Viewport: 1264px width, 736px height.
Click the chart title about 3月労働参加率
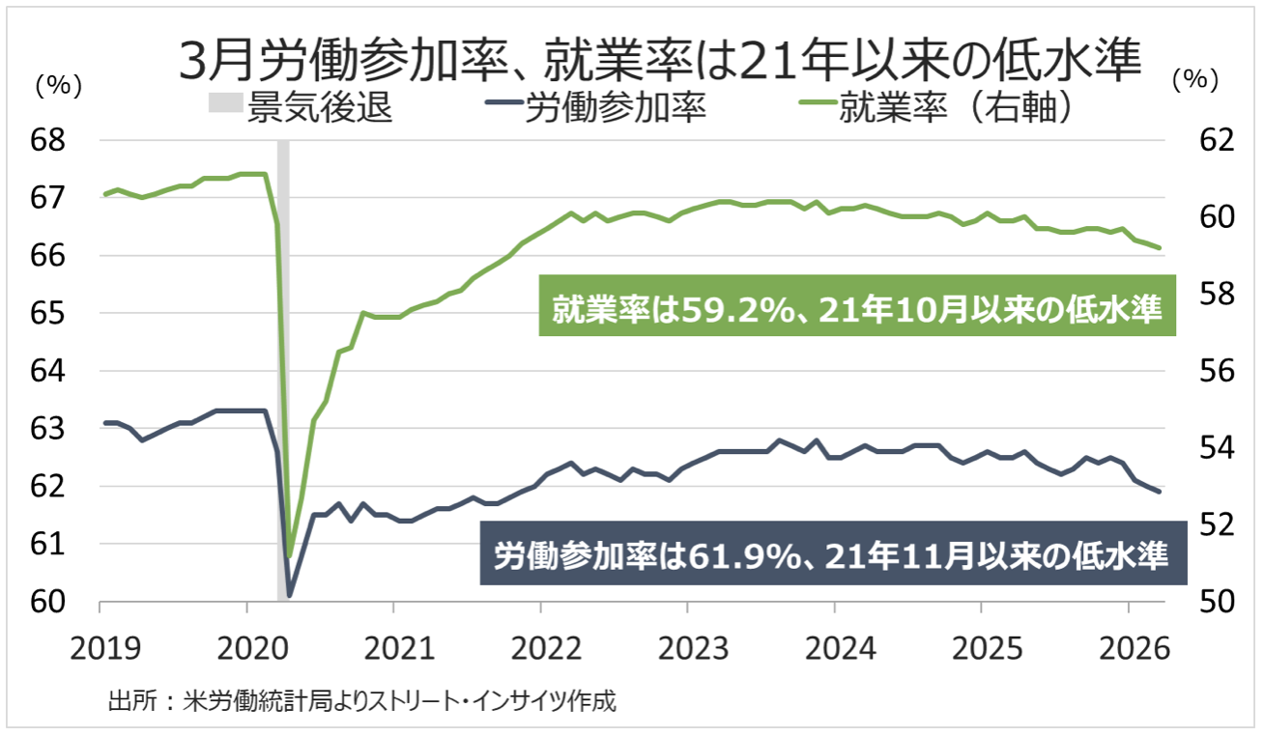click(x=661, y=60)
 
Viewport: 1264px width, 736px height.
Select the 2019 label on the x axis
click(x=100, y=644)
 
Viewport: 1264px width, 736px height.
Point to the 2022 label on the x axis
click(x=540, y=644)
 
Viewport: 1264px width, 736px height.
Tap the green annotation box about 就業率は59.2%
click(x=856, y=309)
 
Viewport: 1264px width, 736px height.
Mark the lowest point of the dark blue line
click(x=290, y=595)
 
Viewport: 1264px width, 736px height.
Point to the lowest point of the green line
click(x=290, y=555)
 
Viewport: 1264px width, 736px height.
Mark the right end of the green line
click(x=1159, y=247)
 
